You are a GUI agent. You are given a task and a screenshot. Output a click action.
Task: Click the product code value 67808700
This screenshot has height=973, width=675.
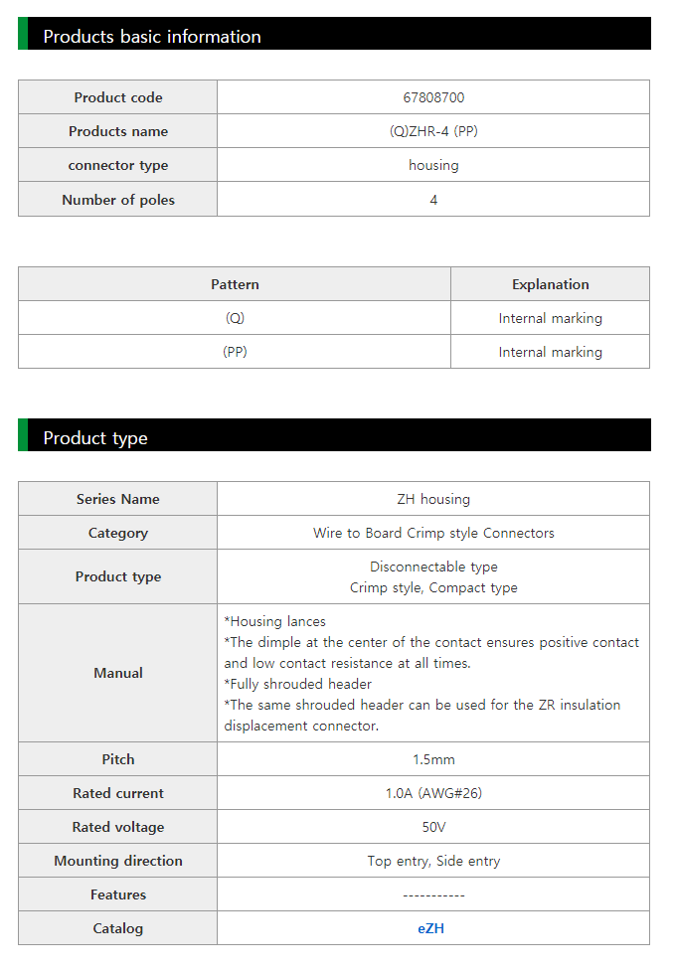pos(433,97)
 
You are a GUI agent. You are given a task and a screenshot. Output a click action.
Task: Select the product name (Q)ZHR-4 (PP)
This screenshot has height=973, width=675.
pos(433,131)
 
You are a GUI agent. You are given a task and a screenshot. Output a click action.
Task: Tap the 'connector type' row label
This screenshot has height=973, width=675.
pos(117,165)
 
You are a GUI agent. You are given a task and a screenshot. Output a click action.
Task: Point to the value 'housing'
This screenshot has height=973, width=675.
pos(433,165)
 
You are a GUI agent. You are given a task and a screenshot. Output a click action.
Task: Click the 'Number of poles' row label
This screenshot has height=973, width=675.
pos(117,200)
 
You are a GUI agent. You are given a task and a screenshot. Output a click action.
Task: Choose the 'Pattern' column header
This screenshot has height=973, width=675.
pos(235,284)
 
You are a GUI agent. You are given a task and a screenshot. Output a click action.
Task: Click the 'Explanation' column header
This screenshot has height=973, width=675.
pos(550,284)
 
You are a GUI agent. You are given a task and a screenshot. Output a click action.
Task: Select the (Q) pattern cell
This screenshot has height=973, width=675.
pos(235,318)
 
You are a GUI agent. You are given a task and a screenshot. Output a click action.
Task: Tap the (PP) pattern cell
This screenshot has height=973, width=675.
pos(235,352)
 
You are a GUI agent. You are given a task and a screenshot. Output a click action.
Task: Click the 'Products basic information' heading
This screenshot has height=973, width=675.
pos(152,37)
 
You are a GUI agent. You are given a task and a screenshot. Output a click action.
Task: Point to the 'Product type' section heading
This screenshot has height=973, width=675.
pos(95,438)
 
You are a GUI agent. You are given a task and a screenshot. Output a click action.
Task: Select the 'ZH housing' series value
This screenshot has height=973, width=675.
pos(433,499)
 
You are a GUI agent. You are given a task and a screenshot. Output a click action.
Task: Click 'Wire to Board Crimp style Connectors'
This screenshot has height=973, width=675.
pos(433,533)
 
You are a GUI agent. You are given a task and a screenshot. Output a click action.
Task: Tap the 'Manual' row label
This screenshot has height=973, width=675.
pos(117,673)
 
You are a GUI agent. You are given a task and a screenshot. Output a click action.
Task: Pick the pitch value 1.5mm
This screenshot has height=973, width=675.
pos(433,759)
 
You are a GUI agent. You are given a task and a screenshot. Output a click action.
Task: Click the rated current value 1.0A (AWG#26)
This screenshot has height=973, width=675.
pos(433,793)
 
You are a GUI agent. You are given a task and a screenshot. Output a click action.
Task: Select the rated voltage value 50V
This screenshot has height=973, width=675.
pos(433,827)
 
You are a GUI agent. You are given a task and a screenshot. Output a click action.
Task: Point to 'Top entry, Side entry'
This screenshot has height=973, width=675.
pos(433,861)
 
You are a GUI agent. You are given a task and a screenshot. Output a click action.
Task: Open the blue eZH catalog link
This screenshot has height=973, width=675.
pos(430,928)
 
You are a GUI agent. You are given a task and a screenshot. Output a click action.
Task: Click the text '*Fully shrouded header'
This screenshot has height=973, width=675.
pos(298,684)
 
